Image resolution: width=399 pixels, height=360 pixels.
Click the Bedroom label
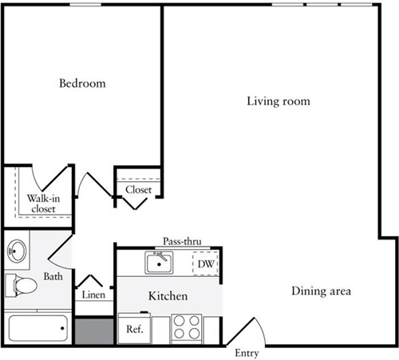click(82, 83)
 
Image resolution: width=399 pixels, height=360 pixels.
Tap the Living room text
click(278, 101)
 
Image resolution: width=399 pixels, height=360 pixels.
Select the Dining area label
click(321, 291)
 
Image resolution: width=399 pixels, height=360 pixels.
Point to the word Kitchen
click(168, 296)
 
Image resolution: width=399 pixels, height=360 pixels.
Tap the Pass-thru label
click(182, 240)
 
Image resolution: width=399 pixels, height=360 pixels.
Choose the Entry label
click(247, 352)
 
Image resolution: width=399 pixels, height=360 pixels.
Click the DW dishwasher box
click(206, 263)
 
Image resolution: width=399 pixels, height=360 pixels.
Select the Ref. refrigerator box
click(132, 328)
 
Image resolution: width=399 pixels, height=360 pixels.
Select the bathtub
click(37, 327)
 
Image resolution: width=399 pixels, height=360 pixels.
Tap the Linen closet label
click(94, 294)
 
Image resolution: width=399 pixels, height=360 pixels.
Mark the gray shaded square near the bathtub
click(94, 328)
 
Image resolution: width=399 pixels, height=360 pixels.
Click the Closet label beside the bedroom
click(138, 190)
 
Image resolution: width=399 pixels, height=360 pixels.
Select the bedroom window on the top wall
click(85, 5)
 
